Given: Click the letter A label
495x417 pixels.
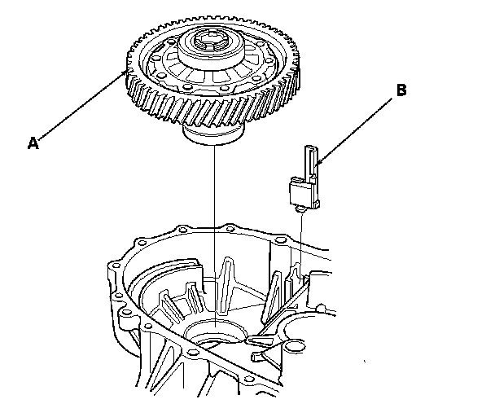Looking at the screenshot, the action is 33,143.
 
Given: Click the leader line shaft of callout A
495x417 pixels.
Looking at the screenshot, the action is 81,107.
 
